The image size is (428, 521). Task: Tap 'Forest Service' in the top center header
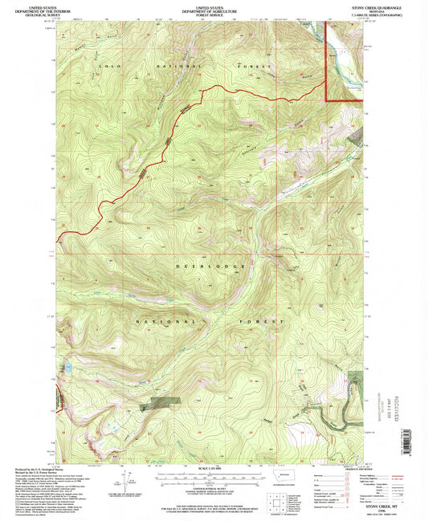pos(214,13)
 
